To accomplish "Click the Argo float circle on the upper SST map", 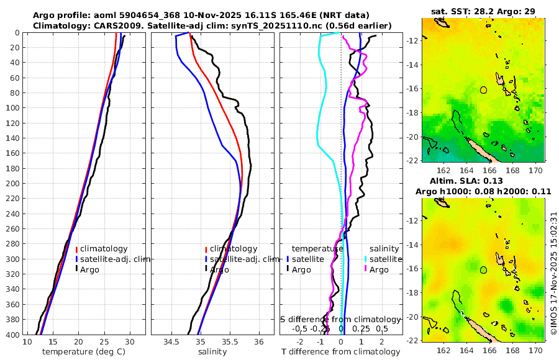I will pos(483,90).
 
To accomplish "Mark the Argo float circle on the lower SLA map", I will pos(483,270).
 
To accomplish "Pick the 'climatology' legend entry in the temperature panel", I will pos(104,248).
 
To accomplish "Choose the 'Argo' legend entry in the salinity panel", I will pos(219,269).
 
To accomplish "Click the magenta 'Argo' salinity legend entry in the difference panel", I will pos(378,269).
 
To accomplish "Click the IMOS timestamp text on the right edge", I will pos(553,273).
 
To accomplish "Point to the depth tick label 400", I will pos(12,335).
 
